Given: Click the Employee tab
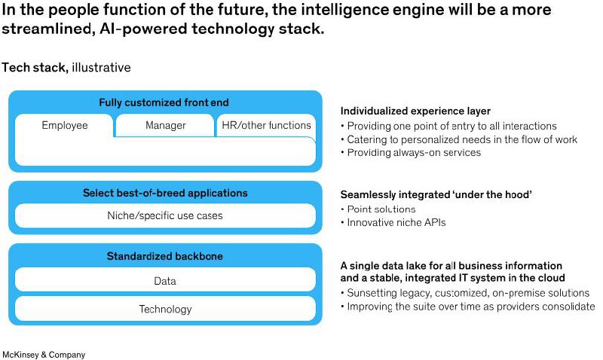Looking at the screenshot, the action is click(65, 126).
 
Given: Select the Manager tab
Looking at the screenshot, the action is click(165, 125).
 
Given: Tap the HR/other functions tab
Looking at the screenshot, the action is click(266, 125).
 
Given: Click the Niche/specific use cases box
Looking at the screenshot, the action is click(165, 215).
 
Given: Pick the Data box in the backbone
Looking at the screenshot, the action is click(165, 281).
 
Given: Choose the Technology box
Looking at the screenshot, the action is click(165, 309).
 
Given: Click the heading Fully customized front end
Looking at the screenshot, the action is click(164, 102).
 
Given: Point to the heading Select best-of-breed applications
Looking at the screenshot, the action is click(165, 193).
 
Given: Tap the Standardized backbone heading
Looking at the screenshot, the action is click(165, 256).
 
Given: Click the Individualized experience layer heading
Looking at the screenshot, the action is click(415, 111).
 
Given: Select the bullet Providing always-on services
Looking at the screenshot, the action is click(411, 153).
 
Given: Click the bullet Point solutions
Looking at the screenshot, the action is click(378, 209).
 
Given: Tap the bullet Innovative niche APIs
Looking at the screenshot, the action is click(393, 222).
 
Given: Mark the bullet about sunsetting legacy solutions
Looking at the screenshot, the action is click(465, 293).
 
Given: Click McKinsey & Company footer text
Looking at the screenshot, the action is click(44, 355).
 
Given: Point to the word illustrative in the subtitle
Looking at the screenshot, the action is click(101, 68).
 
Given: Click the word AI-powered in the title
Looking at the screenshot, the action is click(144, 29).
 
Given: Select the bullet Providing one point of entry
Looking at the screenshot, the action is click(448, 126).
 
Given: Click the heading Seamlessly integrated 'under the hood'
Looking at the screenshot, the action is click(436, 194).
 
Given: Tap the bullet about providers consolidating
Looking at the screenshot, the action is click(467, 307).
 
